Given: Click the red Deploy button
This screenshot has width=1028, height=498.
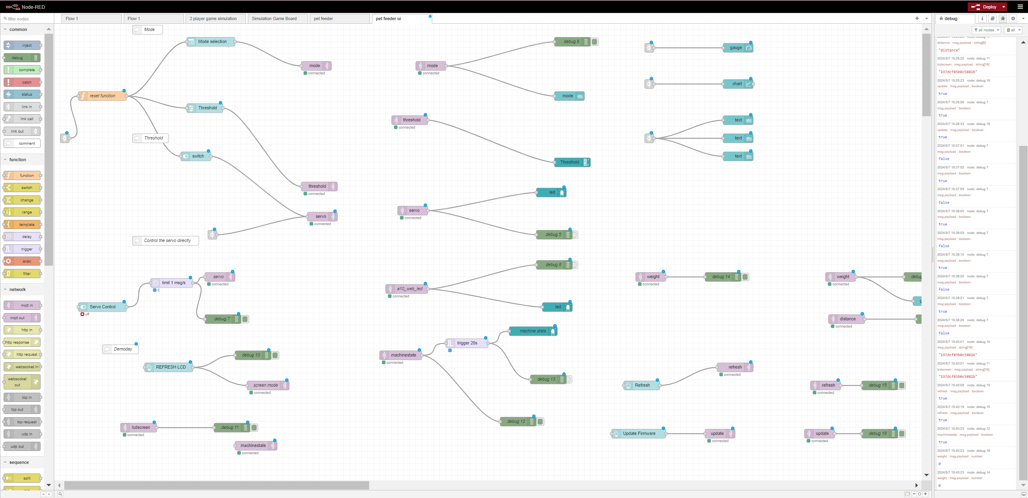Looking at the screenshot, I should [x=986, y=7].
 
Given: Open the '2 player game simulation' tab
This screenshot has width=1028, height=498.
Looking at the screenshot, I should [x=213, y=18].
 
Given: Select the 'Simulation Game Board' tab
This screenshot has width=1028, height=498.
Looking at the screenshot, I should [x=274, y=18].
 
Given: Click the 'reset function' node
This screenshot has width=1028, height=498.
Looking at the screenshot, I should [x=102, y=96].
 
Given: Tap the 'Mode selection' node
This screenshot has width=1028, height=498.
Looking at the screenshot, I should [x=212, y=41].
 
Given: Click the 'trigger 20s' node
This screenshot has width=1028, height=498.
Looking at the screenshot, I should [x=467, y=343].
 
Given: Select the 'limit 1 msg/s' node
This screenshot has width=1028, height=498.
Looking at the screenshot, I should [x=173, y=283].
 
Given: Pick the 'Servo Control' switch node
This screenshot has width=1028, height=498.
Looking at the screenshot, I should [x=102, y=307].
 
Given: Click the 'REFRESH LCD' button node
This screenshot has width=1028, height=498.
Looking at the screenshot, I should [x=170, y=367].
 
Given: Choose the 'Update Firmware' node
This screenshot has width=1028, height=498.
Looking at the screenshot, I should [x=639, y=433].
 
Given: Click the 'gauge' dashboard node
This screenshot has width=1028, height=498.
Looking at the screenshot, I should [x=736, y=47].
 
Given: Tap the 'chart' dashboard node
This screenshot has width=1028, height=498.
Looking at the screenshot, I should [x=737, y=84].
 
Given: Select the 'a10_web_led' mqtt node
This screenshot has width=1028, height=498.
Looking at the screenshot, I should [x=409, y=289].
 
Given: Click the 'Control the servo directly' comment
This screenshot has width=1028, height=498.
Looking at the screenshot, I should [x=168, y=240].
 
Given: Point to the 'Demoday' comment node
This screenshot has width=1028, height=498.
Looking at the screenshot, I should [x=123, y=349].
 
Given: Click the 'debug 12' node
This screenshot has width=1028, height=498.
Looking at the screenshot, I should [x=516, y=421].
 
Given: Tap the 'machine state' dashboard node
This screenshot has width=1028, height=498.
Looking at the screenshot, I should [x=533, y=331].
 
